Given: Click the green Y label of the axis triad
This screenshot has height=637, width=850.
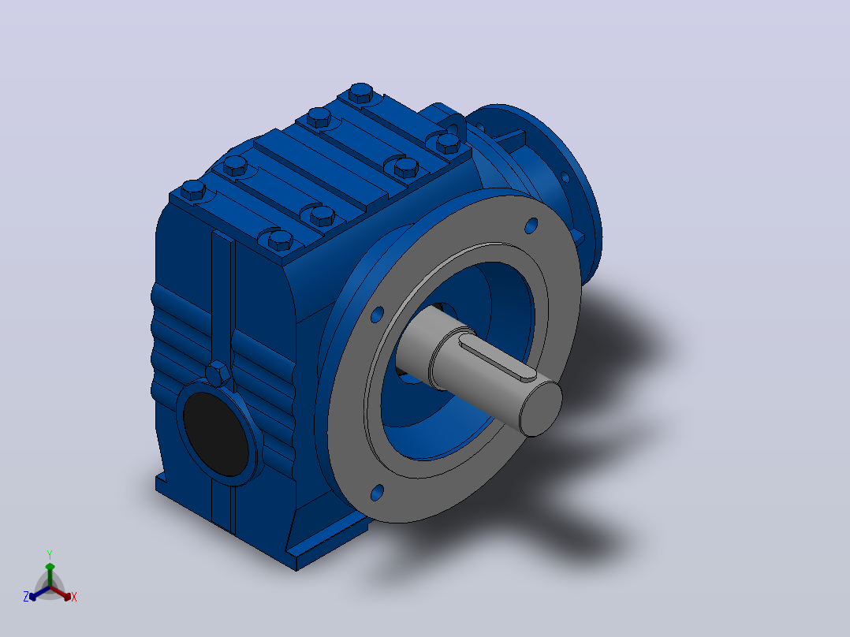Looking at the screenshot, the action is click(x=50, y=554).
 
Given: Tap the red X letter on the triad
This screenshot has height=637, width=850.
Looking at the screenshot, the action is click(x=74, y=597).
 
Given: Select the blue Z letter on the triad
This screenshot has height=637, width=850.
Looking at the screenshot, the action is click(x=26, y=596).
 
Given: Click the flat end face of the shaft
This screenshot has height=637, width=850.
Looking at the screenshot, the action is click(x=541, y=408).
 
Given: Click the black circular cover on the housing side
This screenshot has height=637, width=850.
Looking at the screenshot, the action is click(x=216, y=434).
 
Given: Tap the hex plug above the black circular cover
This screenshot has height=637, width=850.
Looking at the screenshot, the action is click(x=218, y=373).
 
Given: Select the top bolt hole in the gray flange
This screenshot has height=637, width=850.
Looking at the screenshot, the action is click(x=531, y=225).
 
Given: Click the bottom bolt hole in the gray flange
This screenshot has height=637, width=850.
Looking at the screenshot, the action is click(x=377, y=492).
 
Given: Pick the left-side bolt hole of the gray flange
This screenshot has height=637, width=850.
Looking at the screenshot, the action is click(x=377, y=315).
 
